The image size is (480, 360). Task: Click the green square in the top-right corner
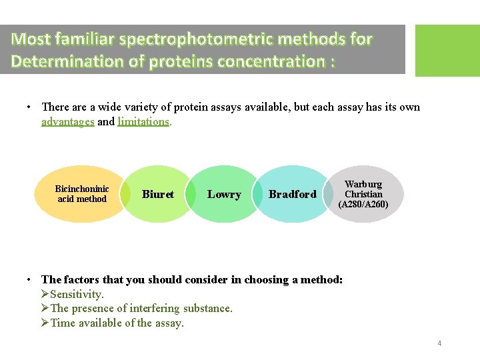click(x=447, y=51)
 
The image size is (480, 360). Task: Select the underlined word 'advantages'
click(x=68, y=121)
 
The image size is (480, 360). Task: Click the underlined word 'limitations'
click(x=143, y=121)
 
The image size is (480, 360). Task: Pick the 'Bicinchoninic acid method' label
click(x=82, y=194)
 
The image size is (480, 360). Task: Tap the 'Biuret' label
click(x=158, y=194)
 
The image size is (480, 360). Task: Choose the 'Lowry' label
click(x=224, y=194)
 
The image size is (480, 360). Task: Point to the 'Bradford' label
click(x=292, y=195)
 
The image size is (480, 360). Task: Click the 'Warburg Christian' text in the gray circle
click(x=363, y=189)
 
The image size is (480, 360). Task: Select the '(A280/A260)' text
click(x=363, y=205)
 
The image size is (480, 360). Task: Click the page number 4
click(x=439, y=343)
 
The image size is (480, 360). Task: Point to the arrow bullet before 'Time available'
click(x=45, y=323)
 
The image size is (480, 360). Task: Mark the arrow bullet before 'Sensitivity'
click(x=45, y=294)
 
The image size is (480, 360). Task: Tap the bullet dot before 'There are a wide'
click(x=30, y=107)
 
